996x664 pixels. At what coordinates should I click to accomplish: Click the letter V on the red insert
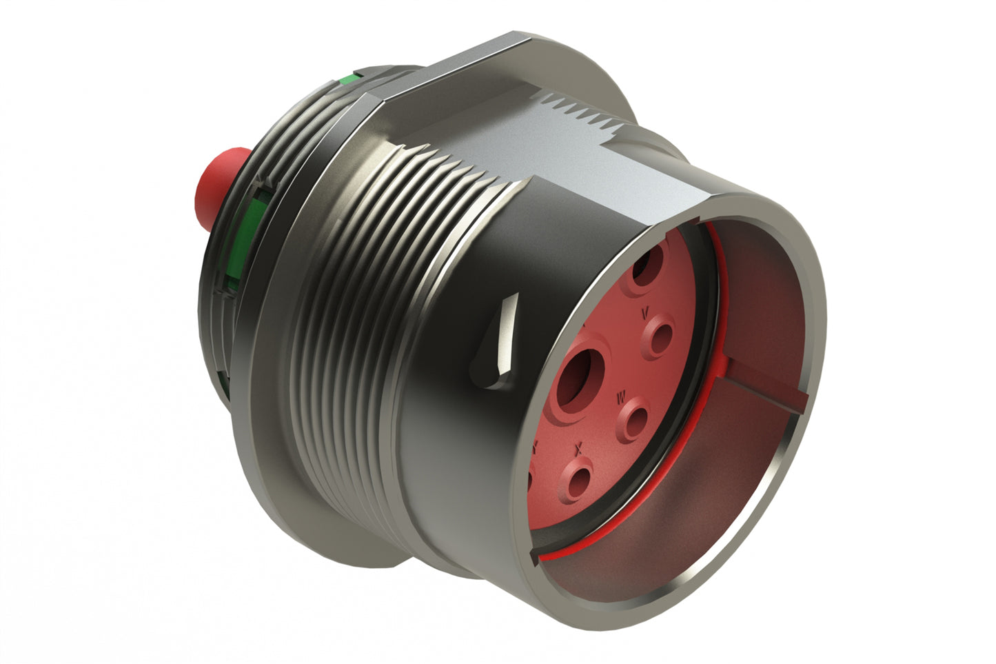click(x=645, y=313)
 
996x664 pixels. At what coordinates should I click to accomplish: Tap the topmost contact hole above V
click(x=649, y=265)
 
